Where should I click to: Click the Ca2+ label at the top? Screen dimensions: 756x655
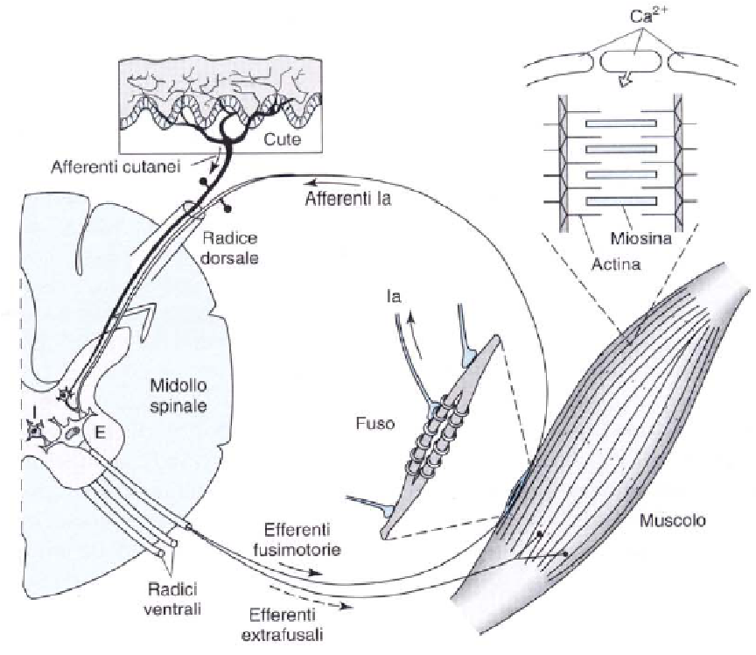point(648,17)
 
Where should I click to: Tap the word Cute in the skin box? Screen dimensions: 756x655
point(282,139)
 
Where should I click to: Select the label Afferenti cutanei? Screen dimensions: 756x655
point(115,167)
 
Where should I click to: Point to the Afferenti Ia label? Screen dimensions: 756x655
point(348,199)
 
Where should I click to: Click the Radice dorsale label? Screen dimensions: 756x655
point(230,248)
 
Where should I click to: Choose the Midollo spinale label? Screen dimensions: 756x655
point(178,395)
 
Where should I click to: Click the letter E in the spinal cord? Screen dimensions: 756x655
point(100,433)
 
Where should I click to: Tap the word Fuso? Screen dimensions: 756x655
point(375,423)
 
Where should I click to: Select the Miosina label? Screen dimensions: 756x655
point(640,238)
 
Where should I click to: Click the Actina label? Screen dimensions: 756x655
point(617,264)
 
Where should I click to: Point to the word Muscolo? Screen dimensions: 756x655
point(673,520)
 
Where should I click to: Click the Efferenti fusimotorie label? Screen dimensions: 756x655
point(297,539)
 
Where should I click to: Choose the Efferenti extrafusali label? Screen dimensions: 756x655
point(282,624)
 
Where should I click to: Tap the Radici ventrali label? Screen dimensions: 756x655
point(172,599)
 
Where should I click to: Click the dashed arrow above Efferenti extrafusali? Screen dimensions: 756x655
point(309,596)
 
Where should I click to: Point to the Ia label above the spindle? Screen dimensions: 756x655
point(394,296)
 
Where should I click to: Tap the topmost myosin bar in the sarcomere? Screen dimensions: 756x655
point(621,123)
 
